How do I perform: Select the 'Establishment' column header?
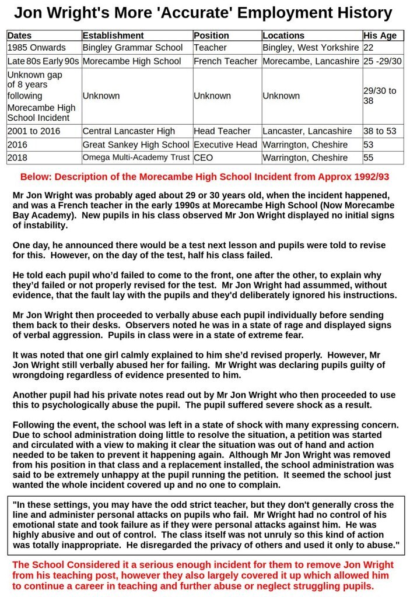click(x=113, y=36)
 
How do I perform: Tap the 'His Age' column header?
click(x=380, y=36)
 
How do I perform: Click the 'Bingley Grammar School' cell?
click(x=132, y=48)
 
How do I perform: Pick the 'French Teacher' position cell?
click(x=225, y=61)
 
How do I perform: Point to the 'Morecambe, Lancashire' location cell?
click(x=311, y=61)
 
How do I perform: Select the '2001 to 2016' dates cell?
click(x=34, y=131)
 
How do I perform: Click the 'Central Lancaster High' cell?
click(x=128, y=131)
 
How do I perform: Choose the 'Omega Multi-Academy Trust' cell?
click(x=136, y=157)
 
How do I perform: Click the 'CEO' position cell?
click(x=204, y=157)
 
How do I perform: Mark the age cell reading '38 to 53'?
click(x=381, y=131)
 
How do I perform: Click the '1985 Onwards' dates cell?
click(x=37, y=48)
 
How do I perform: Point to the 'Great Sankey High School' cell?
click(x=136, y=145)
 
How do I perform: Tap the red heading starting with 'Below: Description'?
click(x=205, y=177)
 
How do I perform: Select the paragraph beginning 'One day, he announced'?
click(x=205, y=250)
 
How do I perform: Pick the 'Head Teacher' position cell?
click(x=222, y=131)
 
